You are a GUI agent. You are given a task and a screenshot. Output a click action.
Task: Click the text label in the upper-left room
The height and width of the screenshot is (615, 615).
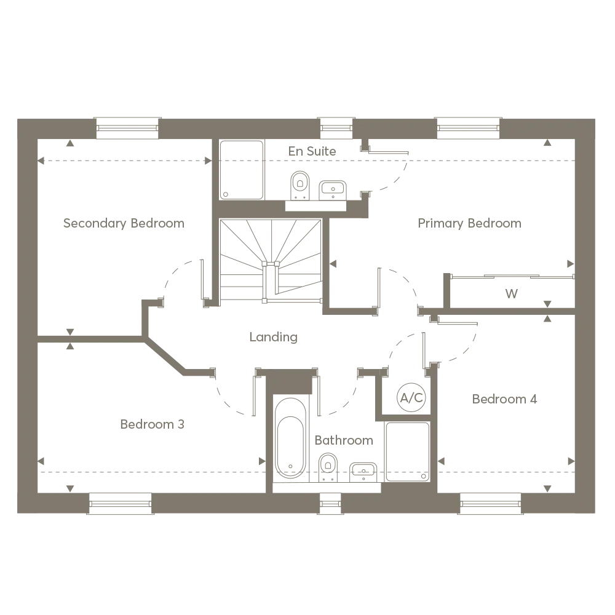click(123, 223)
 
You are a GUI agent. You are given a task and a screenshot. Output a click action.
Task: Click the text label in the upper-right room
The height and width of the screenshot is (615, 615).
click(469, 223)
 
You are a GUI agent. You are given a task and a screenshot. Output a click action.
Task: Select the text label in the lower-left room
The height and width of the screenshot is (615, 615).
click(152, 426)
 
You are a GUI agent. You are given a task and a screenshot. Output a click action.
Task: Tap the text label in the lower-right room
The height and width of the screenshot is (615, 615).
click(506, 399)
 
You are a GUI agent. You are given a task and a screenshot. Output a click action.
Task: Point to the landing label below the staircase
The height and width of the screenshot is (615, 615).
click(272, 338)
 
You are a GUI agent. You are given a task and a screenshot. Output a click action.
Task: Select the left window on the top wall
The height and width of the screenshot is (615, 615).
click(127, 128)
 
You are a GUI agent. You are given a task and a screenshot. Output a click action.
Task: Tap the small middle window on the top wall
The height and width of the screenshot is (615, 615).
click(336, 128)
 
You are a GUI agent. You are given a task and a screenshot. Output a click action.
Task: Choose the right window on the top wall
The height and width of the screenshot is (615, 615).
click(469, 128)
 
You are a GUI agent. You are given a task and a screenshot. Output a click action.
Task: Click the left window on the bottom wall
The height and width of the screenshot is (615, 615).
click(120, 504)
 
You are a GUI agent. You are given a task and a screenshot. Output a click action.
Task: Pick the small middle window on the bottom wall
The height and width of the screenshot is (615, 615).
click(330, 504)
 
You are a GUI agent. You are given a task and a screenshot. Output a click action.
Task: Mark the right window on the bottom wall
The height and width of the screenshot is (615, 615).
click(490, 504)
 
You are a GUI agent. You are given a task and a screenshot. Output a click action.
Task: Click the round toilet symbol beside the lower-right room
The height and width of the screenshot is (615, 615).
click(411, 394)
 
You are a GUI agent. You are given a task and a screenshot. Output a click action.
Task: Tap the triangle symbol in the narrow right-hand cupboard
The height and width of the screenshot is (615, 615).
click(511, 292)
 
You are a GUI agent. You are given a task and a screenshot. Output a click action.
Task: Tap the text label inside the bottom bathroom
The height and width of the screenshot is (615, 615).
click(344, 442)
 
